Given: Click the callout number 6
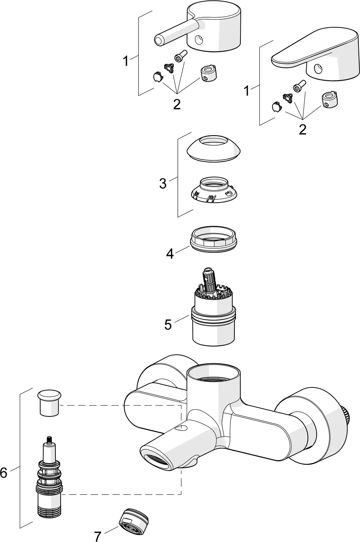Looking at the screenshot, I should click(4, 473).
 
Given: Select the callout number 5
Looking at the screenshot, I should click(168, 324).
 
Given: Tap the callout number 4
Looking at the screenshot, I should click(170, 254).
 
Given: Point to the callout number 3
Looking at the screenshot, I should click(163, 183).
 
